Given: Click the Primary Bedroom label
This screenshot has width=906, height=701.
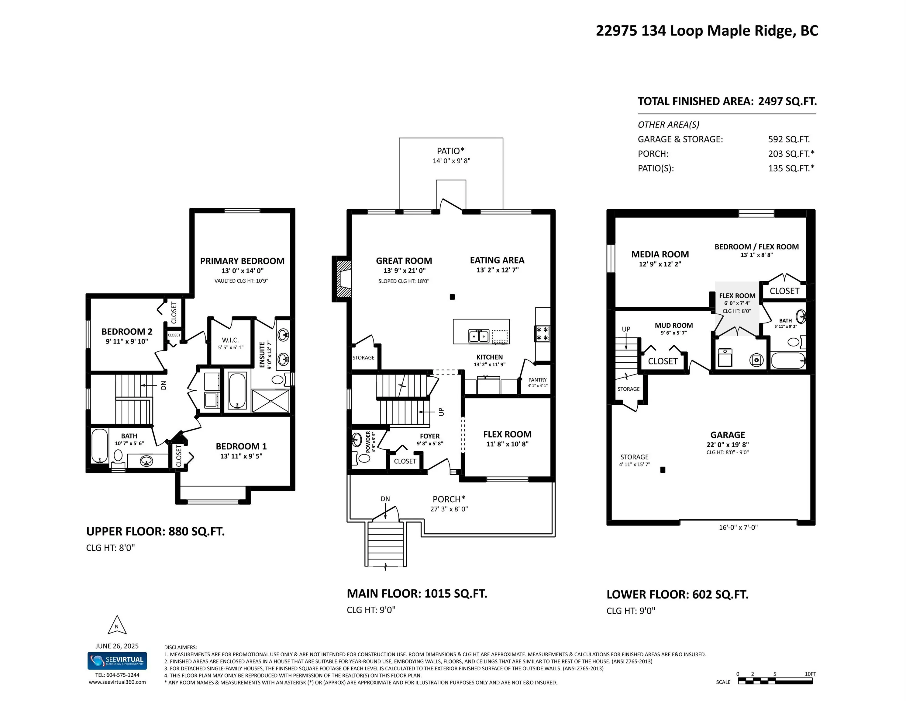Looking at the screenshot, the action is click(242, 261).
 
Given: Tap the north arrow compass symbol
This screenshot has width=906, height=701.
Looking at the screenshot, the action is click(117, 625).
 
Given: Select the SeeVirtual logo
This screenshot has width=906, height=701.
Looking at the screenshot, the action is click(117, 661).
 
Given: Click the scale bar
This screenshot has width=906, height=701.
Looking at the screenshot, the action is click(775, 681).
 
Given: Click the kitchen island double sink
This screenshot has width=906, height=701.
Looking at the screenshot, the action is click(479, 336).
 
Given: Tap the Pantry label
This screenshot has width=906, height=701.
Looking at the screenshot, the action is click(538, 380).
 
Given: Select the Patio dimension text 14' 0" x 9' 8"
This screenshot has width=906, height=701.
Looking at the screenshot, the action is click(451, 161).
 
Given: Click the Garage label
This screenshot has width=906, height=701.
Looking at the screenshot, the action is click(728, 435).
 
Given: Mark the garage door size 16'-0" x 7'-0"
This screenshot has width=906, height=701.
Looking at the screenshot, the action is click(739, 527).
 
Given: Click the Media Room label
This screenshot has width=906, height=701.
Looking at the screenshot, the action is click(660, 254).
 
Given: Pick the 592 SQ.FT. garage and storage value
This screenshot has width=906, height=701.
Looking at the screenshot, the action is click(789, 139).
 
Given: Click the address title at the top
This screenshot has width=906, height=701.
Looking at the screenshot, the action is click(707, 31).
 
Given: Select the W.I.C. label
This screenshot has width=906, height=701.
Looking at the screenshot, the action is click(230, 340).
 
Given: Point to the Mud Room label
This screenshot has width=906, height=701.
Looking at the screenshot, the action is click(674, 326).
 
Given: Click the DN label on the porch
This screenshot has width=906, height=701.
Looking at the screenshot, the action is click(385, 499).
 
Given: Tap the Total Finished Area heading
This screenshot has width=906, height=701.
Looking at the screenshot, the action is click(727, 101).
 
